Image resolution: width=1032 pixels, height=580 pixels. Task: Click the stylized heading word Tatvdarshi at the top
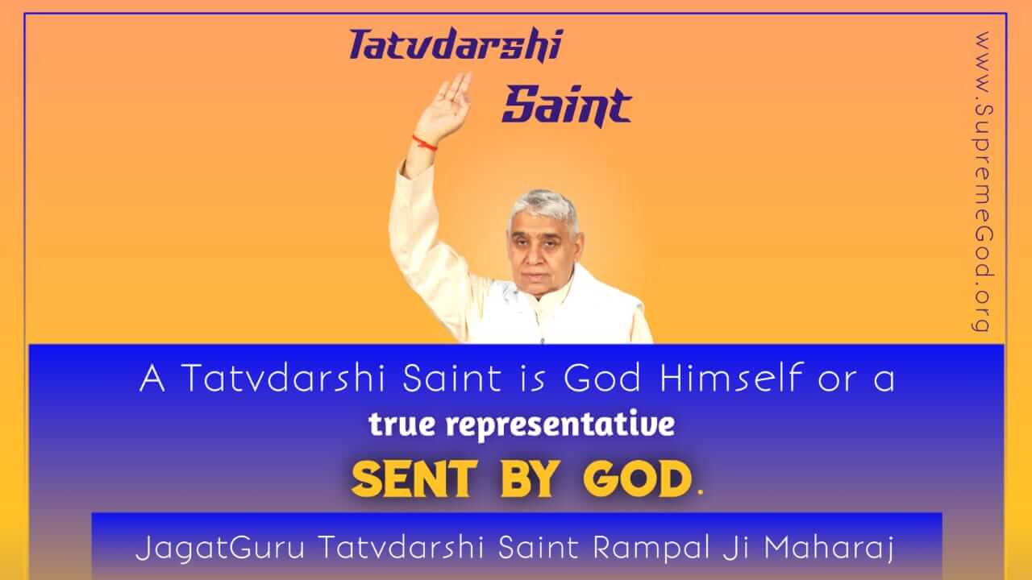click(x=456, y=44)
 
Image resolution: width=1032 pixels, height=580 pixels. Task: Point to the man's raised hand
click(x=443, y=105)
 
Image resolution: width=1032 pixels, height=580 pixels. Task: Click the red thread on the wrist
click(x=424, y=143)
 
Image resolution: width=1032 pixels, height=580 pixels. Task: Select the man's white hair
click(x=543, y=207)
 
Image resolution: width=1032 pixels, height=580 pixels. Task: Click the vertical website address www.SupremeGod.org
click(x=983, y=182)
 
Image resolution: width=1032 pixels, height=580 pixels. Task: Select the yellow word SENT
click(x=414, y=479)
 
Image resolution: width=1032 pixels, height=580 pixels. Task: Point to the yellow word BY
click(x=529, y=479)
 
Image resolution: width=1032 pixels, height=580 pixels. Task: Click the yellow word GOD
click(x=638, y=479)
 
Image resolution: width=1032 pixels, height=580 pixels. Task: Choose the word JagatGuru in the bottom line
click(x=220, y=548)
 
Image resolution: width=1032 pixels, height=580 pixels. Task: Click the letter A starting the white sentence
click(x=152, y=378)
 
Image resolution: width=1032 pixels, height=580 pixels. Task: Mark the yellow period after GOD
click(x=701, y=494)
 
